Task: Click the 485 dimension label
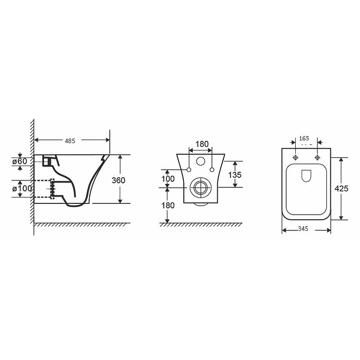pyautogui.click(x=70, y=141)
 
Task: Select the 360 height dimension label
pyautogui.click(x=118, y=180)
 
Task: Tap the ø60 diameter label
pyautogui.click(x=20, y=162)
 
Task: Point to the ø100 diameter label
pyautogui.click(x=22, y=189)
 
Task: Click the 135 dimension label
pyautogui.click(x=234, y=175)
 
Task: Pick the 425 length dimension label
pyautogui.click(x=342, y=189)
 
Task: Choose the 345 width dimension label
pyautogui.click(x=303, y=229)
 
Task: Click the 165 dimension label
pyautogui.click(x=304, y=139)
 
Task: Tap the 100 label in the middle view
pyautogui.click(x=168, y=179)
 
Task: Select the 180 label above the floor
pyautogui.click(x=168, y=206)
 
